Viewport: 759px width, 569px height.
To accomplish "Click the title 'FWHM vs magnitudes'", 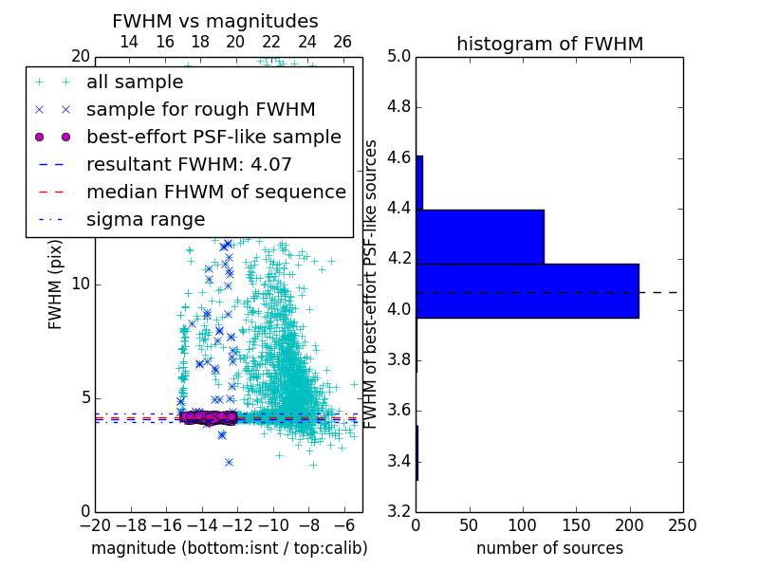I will click(x=215, y=22).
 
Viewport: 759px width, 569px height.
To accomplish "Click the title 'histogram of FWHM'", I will click(x=549, y=44).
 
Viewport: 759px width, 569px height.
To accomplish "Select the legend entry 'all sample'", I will click(x=135, y=83).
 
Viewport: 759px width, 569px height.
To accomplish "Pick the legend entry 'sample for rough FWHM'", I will click(x=200, y=110).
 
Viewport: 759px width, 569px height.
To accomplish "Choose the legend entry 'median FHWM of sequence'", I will click(x=215, y=193).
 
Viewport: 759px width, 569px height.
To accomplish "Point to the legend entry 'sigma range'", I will click(x=145, y=220).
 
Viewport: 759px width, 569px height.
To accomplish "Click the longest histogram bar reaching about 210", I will click(x=527, y=290).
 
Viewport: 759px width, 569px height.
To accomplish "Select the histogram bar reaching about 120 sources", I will click(x=479, y=236).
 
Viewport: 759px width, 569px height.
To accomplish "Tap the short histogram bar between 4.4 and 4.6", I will click(x=419, y=182).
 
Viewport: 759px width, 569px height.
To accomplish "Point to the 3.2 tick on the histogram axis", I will click(x=399, y=512).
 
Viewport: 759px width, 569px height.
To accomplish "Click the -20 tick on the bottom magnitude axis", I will click(x=95, y=525).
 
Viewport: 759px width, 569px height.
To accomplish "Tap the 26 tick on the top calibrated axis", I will click(x=342, y=43).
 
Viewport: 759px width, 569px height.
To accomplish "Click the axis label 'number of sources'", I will click(x=549, y=548).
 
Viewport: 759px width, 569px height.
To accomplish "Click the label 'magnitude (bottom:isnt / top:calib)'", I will click(x=229, y=548).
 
